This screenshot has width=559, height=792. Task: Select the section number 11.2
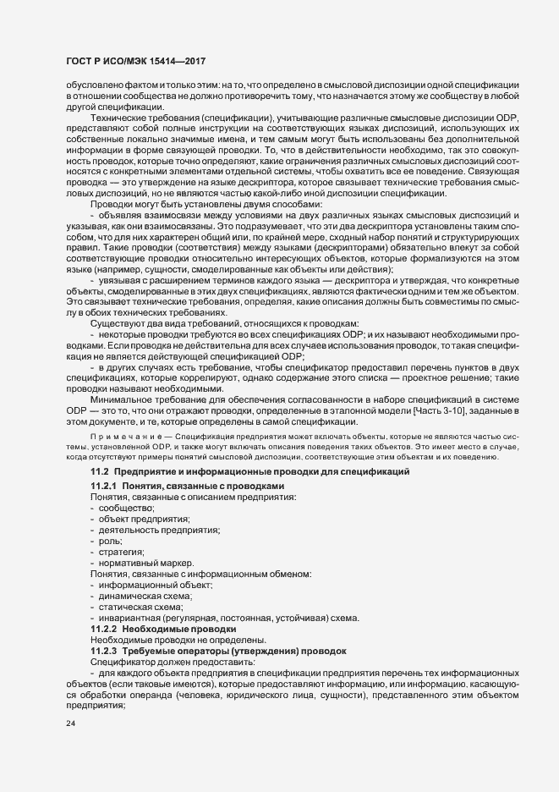[100, 470]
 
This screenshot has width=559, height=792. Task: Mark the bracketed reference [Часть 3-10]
[480, 410]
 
